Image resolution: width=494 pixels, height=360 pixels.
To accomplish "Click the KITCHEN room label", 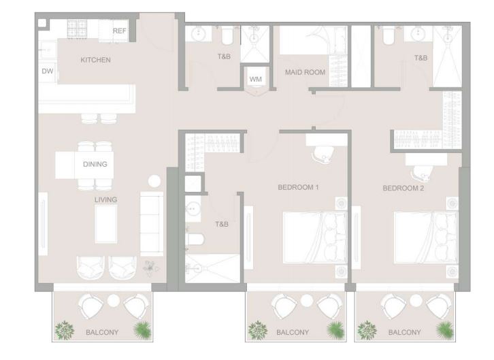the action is [x=95, y=60].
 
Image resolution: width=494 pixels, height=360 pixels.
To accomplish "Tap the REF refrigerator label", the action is [x=119, y=31].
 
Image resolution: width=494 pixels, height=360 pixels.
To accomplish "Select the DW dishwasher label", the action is [x=48, y=71].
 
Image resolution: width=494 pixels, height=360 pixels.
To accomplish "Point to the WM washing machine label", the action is [x=256, y=79].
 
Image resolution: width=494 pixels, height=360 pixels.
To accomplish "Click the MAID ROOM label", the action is [x=305, y=72].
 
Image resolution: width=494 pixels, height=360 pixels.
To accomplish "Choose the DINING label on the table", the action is [x=95, y=164].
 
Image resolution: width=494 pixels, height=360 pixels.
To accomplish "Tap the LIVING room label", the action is [x=106, y=199].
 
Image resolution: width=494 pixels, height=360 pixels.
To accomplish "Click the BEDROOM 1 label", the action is [x=298, y=187].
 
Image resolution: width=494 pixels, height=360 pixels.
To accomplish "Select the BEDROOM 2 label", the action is [x=404, y=189].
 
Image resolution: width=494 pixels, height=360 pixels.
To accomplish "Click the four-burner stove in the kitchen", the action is [x=77, y=29].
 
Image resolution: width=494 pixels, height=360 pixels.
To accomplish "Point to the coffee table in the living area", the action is [x=106, y=224].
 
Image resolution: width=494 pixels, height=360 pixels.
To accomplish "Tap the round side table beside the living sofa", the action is [x=154, y=181].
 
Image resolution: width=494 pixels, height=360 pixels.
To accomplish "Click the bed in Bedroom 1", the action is [x=315, y=238].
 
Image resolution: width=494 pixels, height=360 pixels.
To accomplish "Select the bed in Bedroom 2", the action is [x=426, y=238].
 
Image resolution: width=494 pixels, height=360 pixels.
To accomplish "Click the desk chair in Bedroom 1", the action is [x=323, y=154].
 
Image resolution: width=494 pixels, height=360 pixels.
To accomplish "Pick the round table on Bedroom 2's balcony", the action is [x=416, y=301].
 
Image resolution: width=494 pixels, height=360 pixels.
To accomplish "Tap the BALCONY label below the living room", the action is [x=102, y=332].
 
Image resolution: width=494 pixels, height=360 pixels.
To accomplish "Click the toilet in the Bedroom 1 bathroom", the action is [x=195, y=239].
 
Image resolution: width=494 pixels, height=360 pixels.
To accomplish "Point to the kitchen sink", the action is [x=48, y=50].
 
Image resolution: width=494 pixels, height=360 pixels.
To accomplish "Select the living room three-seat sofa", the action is [x=152, y=224].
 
